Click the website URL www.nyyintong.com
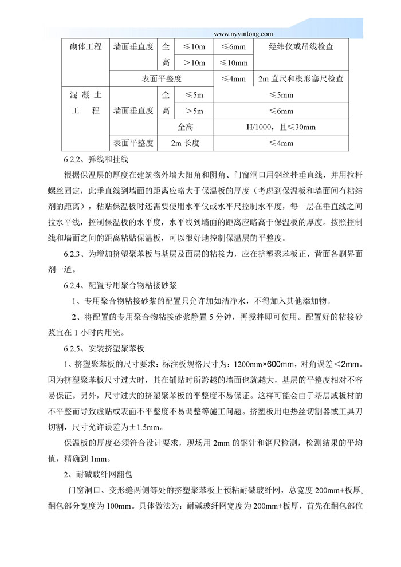coord(243,34)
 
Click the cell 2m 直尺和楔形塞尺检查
coord(301,79)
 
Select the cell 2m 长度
coord(185,143)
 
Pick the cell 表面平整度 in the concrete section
coord(133,143)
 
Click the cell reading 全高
coord(186,127)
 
